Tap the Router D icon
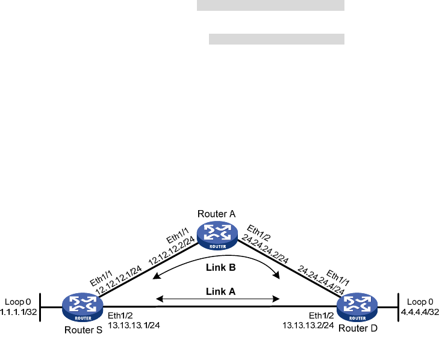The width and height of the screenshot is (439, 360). (x=357, y=307)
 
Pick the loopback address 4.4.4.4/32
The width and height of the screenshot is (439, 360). (x=420, y=311)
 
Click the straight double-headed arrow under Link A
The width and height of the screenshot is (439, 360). (x=218, y=298)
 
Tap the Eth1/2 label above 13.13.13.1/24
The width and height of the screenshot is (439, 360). (x=117, y=315)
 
